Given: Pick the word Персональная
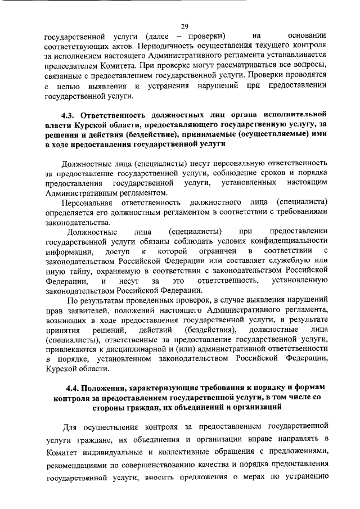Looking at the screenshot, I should coord(87,201).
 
